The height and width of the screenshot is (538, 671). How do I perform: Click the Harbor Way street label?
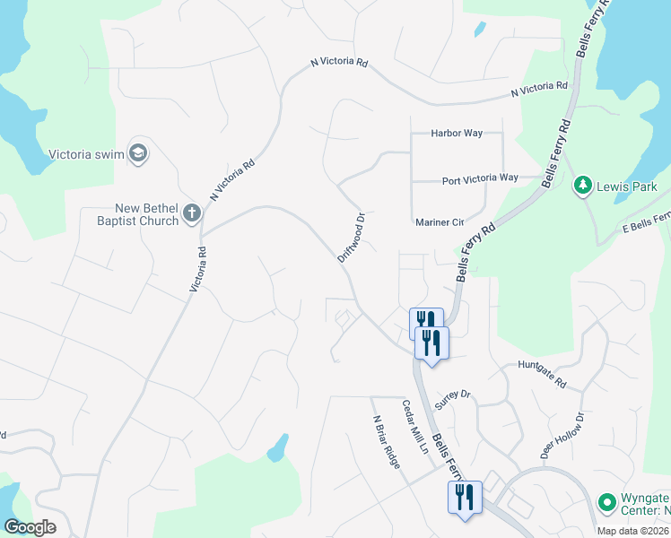point(457,134)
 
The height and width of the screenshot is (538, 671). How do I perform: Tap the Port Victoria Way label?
point(480,179)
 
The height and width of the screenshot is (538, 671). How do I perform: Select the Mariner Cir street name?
point(439,221)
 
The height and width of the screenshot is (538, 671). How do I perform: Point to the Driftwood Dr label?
point(352,238)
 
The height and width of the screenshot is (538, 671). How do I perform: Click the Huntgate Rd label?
point(543,374)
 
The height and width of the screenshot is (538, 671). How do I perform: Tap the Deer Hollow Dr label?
point(562,437)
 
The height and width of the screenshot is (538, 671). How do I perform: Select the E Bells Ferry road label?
point(646,221)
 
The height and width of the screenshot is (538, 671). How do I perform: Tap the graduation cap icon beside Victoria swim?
point(138,153)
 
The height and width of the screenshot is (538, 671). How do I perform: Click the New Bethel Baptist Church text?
point(140,214)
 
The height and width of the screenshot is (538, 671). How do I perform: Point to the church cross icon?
point(190,213)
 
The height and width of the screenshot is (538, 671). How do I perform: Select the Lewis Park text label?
point(628,187)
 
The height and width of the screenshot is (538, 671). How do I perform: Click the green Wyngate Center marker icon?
point(606,500)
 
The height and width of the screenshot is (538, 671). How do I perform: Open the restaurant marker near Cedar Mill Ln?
point(465,497)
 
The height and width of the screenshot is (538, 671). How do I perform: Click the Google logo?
point(30,527)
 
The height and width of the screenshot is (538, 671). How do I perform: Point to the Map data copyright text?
point(632,531)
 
